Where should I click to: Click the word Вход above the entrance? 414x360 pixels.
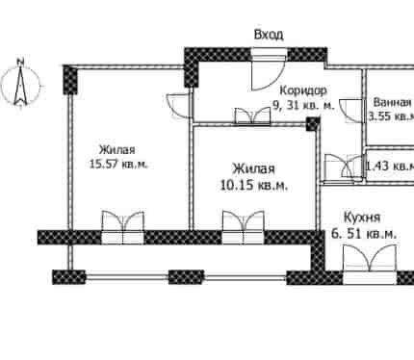(x=269, y=35)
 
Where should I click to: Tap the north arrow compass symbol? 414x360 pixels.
(x=21, y=83)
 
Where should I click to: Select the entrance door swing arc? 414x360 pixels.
(x=270, y=74)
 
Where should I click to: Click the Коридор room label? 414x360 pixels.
(x=303, y=90)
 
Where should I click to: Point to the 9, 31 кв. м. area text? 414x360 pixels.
(x=303, y=104)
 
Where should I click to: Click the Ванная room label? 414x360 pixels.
(x=393, y=102)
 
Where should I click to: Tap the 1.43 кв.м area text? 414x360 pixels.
(x=390, y=166)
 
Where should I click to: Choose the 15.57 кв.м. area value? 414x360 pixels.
(x=118, y=165)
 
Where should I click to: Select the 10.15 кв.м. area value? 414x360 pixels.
(x=254, y=185)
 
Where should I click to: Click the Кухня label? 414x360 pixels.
(x=362, y=218)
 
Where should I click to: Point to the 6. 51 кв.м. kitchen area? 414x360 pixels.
(x=364, y=234)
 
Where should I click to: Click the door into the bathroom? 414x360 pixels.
(x=351, y=111)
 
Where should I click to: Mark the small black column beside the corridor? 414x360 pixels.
(x=313, y=123)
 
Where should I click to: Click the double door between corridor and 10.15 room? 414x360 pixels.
(x=252, y=116)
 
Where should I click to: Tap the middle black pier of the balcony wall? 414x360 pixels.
(x=186, y=277)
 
